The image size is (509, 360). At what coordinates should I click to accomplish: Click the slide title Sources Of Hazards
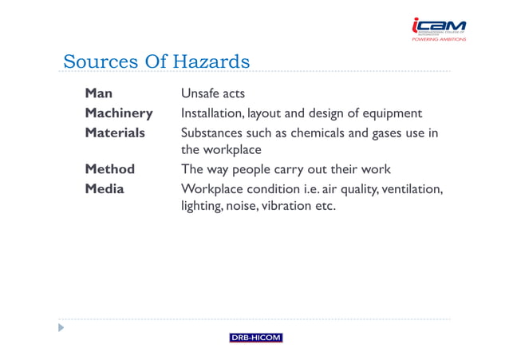pyautogui.click(x=156, y=61)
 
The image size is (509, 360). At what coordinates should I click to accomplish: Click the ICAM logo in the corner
pyautogui.click(x=438, y=28)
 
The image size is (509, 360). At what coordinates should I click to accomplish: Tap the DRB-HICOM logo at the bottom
pyautogui.click(x=255, y=338)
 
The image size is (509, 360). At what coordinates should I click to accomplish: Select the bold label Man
pyautogui.click(x=99, y=94)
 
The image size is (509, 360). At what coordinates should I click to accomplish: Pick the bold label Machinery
pyautogui.click(x=119, y=113)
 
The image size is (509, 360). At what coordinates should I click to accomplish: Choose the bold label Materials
pyautogui.click(x=115, y=133)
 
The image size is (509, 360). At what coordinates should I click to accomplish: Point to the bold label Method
pyautogui.click(x=110, y=169)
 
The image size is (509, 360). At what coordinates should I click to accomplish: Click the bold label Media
pyautogui.click(x=105, y=188)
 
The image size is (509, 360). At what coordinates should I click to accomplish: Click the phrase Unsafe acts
pyautogui.click(x=213, y=94)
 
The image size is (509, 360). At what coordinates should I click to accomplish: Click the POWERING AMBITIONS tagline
pyautogui.click(x=440, y=38)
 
